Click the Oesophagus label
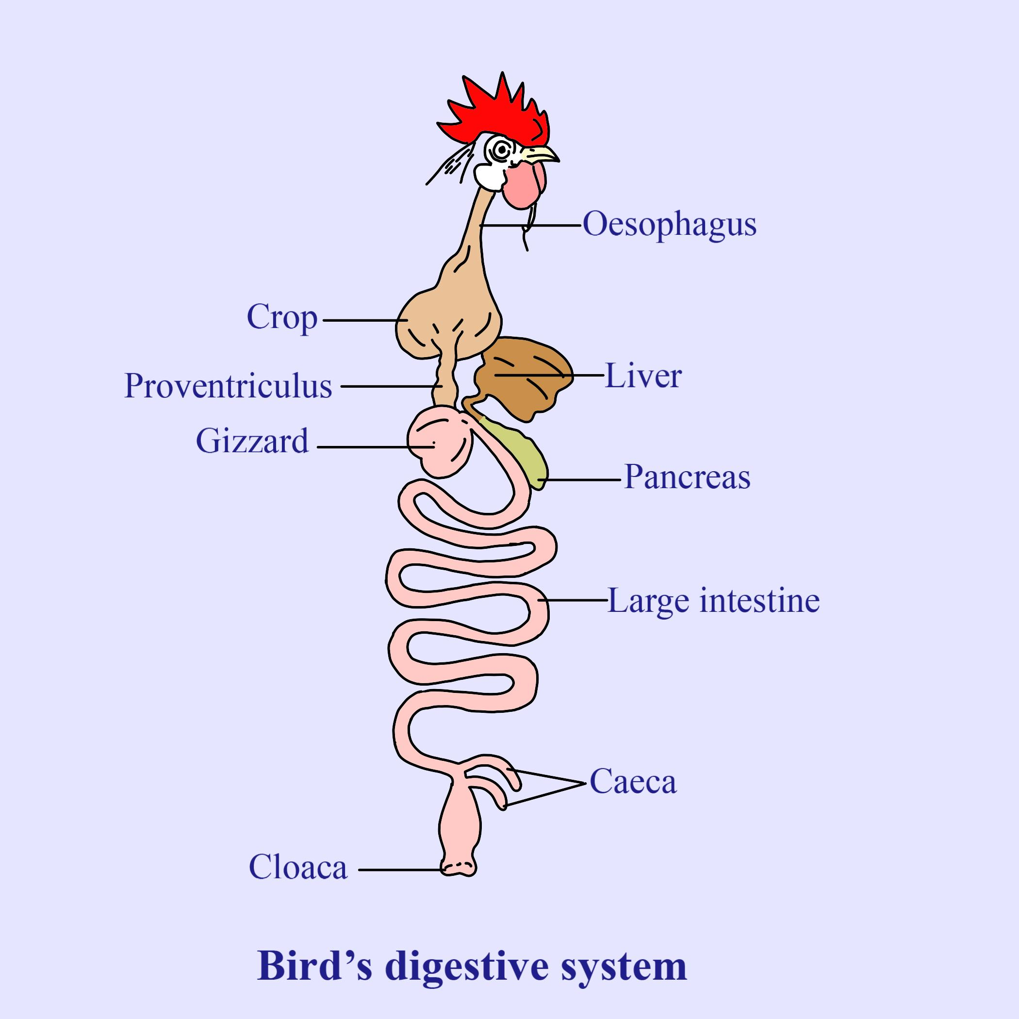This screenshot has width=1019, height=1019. pyautogui.click(x=669, y=225)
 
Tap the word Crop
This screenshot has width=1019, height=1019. pyautogui.click(x=282, y=317)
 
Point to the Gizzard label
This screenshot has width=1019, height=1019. pyautogui.click(x=252, y=441)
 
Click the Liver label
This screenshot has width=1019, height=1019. pyautogui.click(x=643, y=376)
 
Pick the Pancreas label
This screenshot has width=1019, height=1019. pyautogui.click(x=687, y=477)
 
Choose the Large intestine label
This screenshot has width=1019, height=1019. pyautogui.click(x=714, y=601)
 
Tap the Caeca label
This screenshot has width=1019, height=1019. pyautogui.click(x=632, y=782)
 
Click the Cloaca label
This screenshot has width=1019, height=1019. pyautogui.click(x=298, y=867)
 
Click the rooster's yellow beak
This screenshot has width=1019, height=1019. pyautogui.click(x=541, y=154)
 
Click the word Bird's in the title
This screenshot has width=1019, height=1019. pyautogui.click(x=314, y=966)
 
